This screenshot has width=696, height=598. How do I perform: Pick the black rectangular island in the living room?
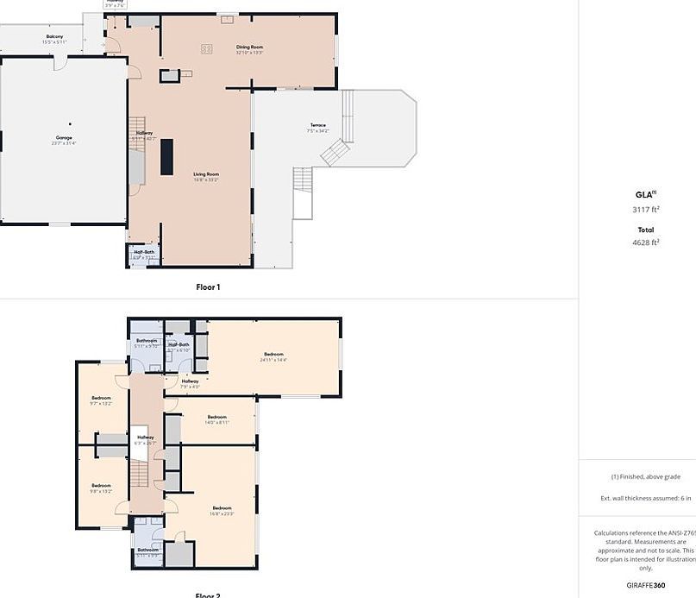click(x=166, y=156)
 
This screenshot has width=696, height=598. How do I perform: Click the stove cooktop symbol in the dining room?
click(x=206, y=49)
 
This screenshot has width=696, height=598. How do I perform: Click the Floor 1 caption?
click(x=207, y=286)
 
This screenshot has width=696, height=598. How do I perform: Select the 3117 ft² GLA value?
click(x=645, y=209)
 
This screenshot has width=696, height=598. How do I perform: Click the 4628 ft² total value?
click(x=645, y=242)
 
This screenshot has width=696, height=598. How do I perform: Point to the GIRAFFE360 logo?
click(x=645, y=585)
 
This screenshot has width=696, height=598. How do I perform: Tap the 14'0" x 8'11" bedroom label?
click(x=216, y=419)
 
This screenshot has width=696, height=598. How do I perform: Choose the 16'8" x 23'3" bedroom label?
click(x=222, y=510)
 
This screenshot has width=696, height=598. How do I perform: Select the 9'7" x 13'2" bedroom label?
click(x=101, y=400)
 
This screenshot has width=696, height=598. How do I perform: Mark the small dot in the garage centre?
click(x=70, y=124)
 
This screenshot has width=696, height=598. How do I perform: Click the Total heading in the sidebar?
click(x=645, y=230)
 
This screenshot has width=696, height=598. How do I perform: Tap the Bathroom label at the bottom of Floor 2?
click(x=147, y=552)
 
